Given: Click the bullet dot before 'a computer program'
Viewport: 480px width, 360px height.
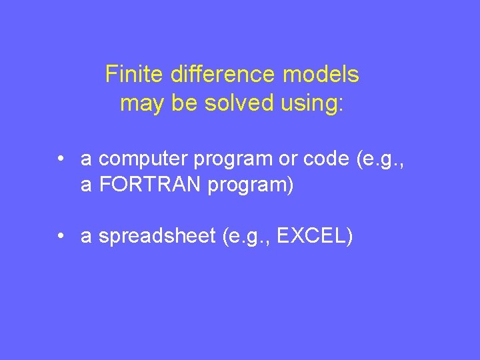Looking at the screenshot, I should click(60, 159).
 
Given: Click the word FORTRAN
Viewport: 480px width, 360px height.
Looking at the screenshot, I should click(150, 185).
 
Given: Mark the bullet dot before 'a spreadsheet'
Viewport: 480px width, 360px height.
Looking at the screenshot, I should click(60, 235).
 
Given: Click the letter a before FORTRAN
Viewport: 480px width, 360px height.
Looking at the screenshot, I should click(86, 185).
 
